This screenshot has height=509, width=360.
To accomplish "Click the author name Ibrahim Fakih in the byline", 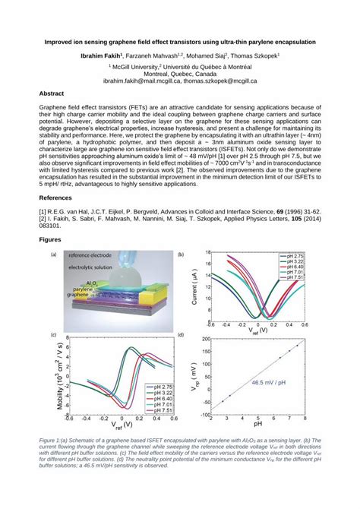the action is click(101, 56).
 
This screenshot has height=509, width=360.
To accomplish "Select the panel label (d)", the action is click(180, 334).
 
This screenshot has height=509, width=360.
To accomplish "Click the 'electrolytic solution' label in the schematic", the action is click(95, 267).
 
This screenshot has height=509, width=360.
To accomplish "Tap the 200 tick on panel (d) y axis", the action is click(205, 339).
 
